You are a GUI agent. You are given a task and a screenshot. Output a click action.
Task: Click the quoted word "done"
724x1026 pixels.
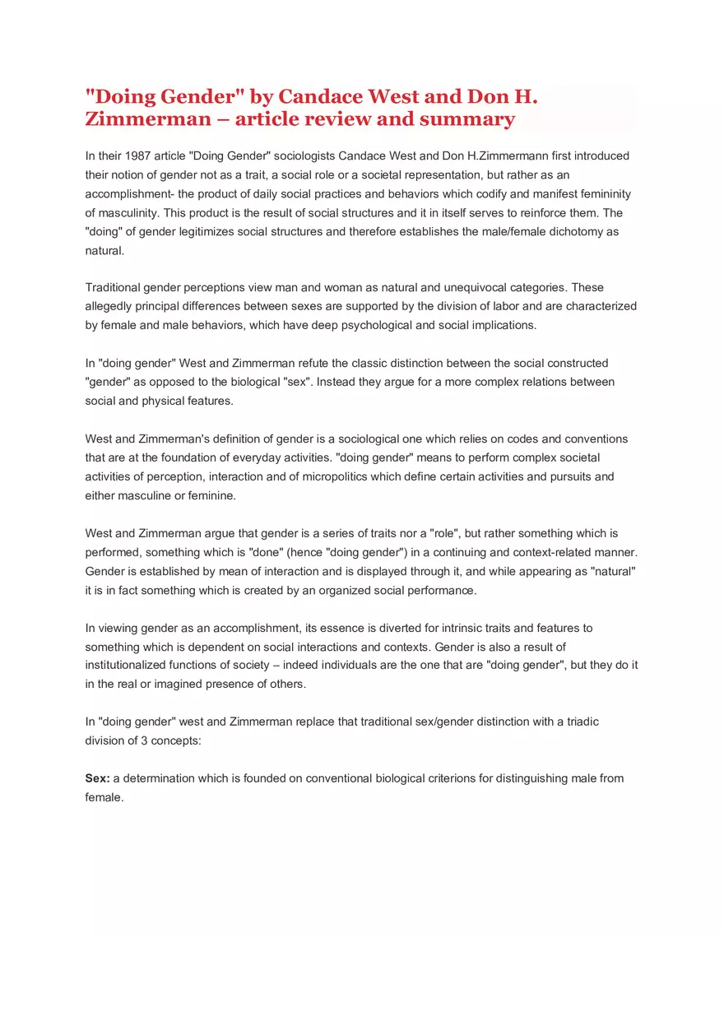click(265, 552)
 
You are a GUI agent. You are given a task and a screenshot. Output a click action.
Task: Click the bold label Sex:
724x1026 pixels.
click(98, 778)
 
